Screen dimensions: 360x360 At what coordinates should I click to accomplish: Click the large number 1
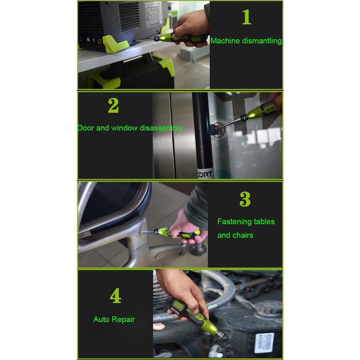247,17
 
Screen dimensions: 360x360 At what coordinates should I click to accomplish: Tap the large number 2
113,105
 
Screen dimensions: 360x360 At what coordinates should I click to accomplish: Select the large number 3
245,199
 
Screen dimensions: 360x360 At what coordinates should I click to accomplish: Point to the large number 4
115,295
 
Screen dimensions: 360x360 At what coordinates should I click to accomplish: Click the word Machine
225,41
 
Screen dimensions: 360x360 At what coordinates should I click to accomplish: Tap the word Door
86,128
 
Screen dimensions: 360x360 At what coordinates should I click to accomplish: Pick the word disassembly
161,128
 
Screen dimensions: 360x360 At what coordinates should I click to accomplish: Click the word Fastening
234,222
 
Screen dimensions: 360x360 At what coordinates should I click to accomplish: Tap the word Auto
101,319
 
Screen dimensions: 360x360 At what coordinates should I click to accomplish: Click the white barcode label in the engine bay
264,343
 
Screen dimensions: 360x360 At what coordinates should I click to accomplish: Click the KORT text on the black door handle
205,175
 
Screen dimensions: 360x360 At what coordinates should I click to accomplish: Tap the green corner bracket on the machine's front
115,44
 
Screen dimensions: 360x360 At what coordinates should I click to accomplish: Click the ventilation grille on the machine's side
129,16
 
